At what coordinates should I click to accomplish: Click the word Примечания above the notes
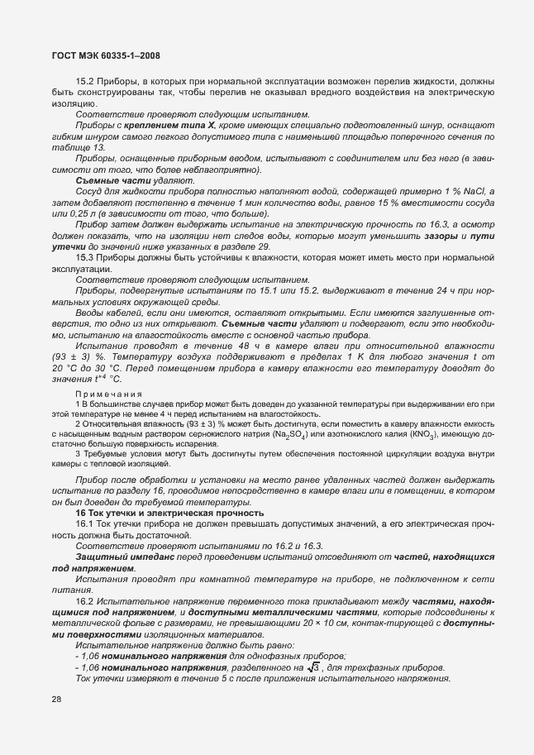(107, 394)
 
